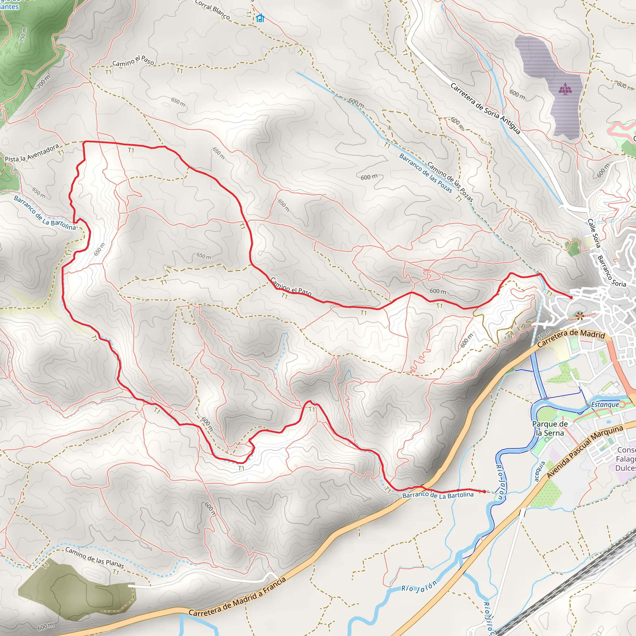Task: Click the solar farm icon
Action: tap(565, 89)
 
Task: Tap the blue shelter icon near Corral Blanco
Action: tap(260, 18)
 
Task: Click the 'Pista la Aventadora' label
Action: tap(32, 153)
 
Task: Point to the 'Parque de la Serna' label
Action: tap(550, 428)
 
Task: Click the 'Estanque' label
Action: tap(605, 405)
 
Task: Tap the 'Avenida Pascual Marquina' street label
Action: tap(585, 452)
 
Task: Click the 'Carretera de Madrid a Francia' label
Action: tap(237, 597)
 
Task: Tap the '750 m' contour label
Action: tap(23, 34)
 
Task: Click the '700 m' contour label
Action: tap(43, 82)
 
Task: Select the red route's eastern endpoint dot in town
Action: tap(571, 298)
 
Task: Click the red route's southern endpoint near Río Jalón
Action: tap(484, 492)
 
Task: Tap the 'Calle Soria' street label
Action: tap(594, 233)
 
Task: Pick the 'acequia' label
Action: tap(539, 471)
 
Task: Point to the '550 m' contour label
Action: tap(544, 334)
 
